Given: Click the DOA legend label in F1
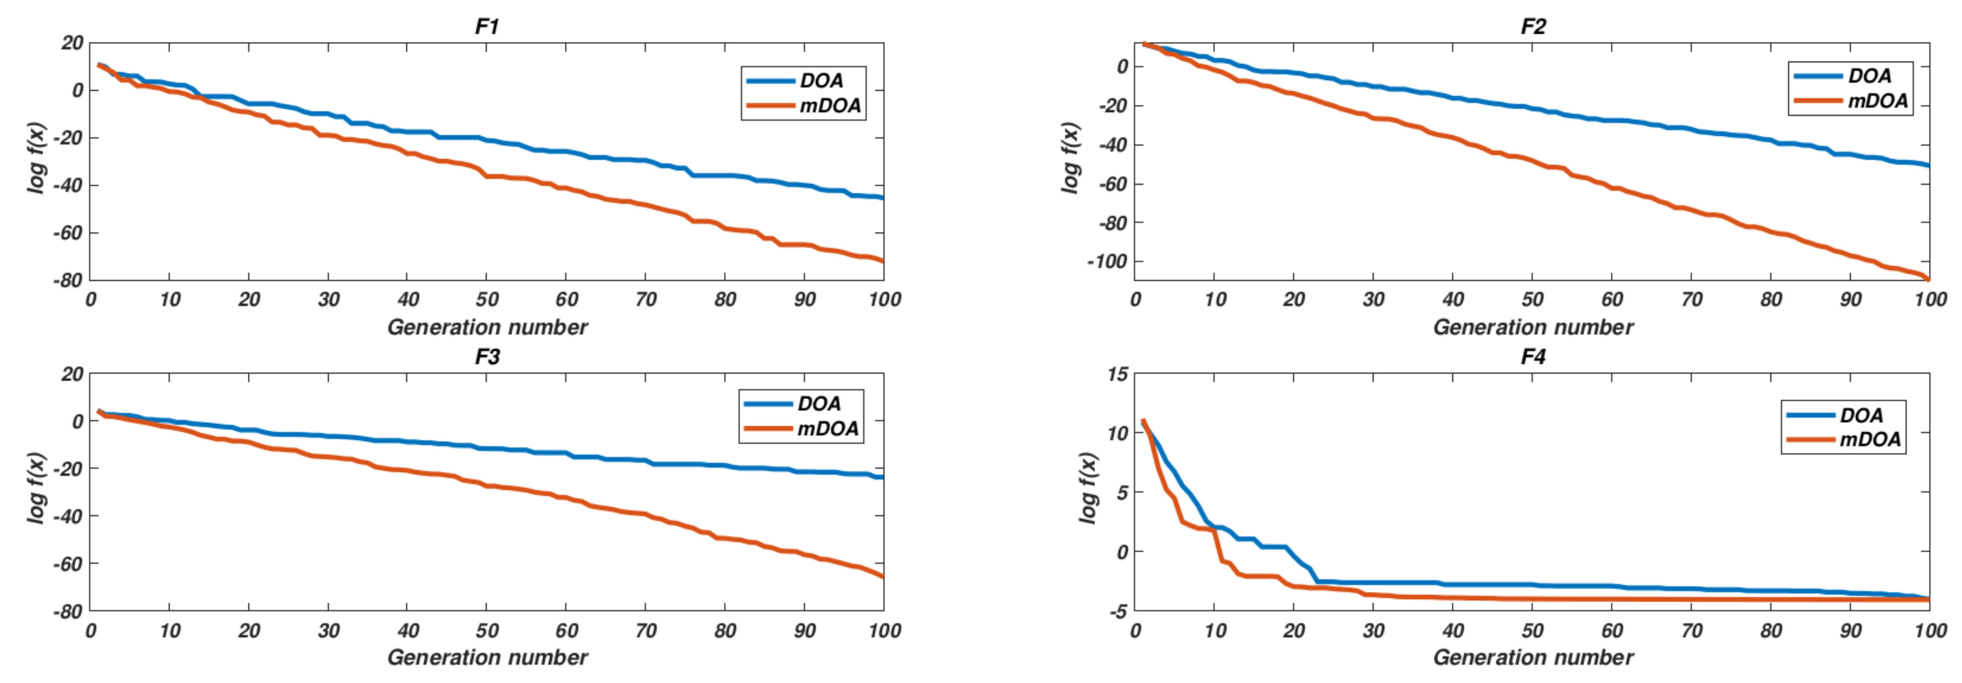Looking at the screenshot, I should pos(821,81).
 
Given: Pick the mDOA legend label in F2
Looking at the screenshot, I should pos(1877,100).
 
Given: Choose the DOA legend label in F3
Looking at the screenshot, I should pos(819,404).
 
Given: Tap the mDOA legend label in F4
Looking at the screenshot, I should pos(1870,440).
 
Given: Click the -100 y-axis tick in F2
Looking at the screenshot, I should pos(1107,261).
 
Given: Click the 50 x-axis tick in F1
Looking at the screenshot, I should pos(486,299).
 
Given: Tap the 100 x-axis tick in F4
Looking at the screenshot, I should pos(1930,631).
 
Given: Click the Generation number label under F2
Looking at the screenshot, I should pos(1533,327).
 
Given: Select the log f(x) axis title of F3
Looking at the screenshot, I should pos(36,487).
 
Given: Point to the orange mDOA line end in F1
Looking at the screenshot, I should pos(882,260).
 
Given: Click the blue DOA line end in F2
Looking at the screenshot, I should pos(1928,164).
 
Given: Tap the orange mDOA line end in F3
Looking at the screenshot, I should pos(882,576).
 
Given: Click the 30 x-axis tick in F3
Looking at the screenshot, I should pos(328,631).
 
